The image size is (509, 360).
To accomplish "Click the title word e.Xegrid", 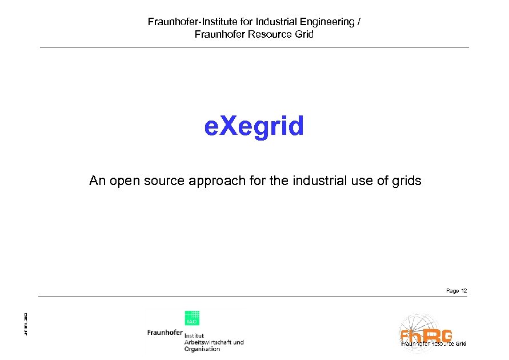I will pyautogui.click(x=254, y=126).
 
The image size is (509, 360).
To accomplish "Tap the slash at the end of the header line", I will pyautogui.click(x=359, y=22).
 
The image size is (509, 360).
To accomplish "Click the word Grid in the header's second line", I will pyautogui.click(x=304, y=34).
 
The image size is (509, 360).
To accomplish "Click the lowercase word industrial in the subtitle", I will pyautogui.click(x=319, y=181).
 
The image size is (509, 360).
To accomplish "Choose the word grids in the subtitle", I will pyautogui.click(x=406, y=181).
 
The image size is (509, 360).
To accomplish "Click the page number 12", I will pyautogui.click(x=464, y=291).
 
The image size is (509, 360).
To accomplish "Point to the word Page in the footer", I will pyautogui.click(x=452, y=291).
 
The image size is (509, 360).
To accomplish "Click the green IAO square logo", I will pyautogui.click(x=191, y=318).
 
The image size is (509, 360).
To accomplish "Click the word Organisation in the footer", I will pyautogui.click(x=202, y=349).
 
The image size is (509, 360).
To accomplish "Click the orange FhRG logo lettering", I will pyautogui.click(x=426, y=335).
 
